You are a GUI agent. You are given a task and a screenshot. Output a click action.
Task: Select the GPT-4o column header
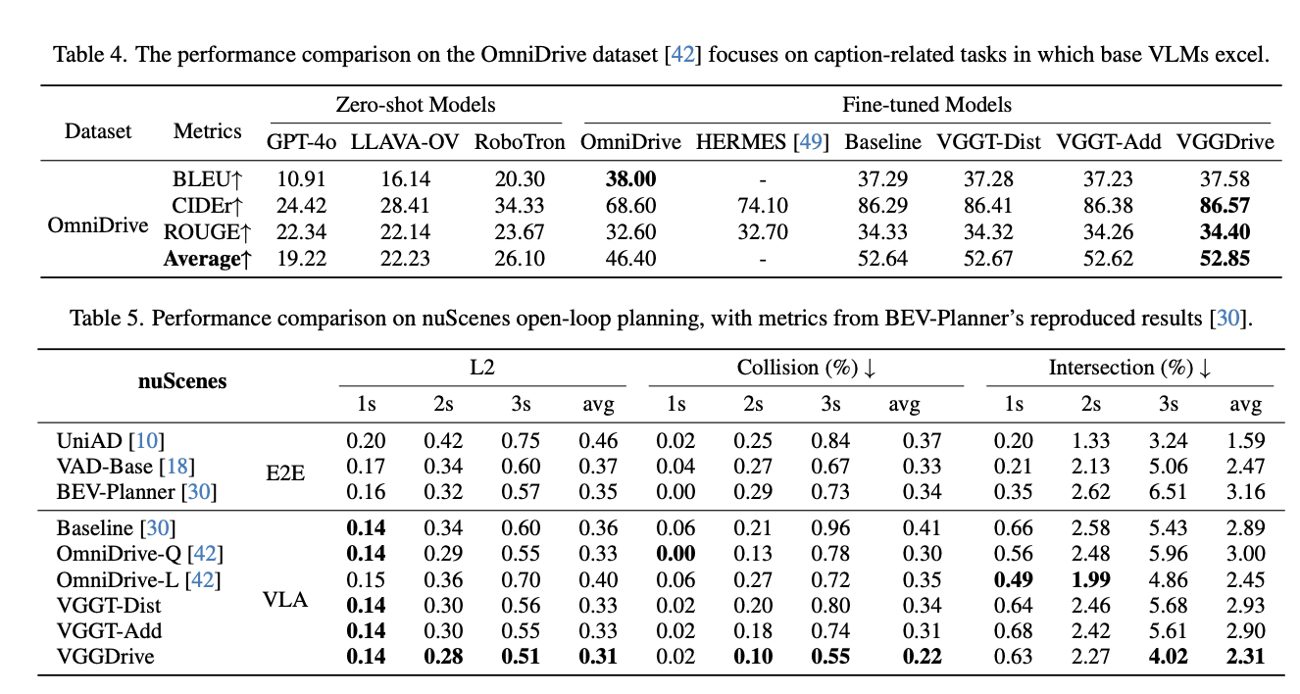301,142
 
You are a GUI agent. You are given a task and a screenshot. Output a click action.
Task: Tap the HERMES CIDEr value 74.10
762,205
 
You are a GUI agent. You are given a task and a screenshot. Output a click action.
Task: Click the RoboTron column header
520,142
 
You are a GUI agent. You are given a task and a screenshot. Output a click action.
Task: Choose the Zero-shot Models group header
416,104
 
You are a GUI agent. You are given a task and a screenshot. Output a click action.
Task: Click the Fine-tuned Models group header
926,104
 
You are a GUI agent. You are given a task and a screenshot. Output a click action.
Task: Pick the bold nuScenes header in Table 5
181,381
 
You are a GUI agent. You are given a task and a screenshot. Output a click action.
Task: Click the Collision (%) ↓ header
806,368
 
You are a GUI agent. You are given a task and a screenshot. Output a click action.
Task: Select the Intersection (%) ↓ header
1129,368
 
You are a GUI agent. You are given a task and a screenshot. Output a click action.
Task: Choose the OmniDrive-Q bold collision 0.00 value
675,554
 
